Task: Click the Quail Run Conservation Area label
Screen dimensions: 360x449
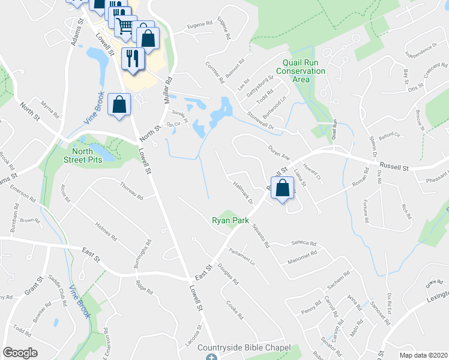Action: [305, 71]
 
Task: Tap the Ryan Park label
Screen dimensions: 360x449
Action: [231, 220]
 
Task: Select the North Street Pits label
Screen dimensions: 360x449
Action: [83, 155]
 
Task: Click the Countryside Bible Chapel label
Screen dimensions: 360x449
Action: [244, 348]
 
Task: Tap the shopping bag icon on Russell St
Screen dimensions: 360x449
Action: [281, 185]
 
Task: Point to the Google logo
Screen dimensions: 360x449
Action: [20, 353]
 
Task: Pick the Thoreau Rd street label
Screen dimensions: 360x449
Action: [131, 191]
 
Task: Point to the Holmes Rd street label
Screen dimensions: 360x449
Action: [106, 231]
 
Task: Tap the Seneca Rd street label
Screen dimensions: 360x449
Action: [304, 243]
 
